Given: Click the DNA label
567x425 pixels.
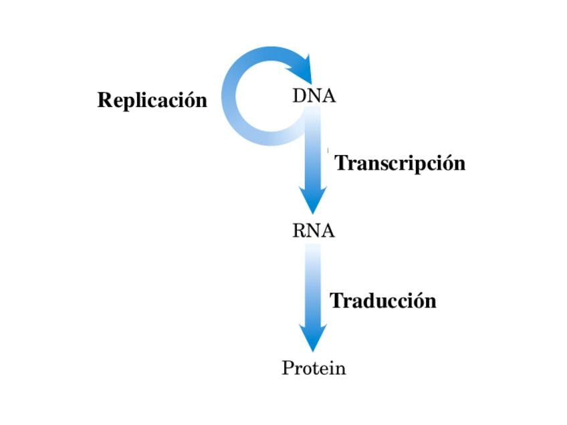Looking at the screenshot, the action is tap(314, 96).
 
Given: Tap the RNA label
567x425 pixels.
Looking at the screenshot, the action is tap(313, 231).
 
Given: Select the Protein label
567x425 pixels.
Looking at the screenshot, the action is tap(314, 368).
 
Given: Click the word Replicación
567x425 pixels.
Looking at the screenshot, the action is tap(152, 101).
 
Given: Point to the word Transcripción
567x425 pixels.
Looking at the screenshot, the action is tap(400, 164).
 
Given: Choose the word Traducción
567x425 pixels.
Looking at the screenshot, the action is tap(383, 301).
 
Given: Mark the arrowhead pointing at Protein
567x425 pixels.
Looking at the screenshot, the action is tap(313, 337).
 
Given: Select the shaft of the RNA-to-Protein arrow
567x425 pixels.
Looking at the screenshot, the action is tap(313, 285).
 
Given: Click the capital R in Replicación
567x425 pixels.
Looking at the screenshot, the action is tap(106, 100).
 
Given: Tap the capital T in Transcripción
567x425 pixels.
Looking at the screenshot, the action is tap(342, 162).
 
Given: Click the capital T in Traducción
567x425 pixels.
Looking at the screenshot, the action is tap(338, 300).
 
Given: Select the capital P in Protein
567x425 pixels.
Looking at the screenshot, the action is tap(288, 368).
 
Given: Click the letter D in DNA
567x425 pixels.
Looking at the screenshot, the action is tap(300, 96).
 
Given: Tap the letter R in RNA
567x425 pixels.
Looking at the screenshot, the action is tap(300, 231).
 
